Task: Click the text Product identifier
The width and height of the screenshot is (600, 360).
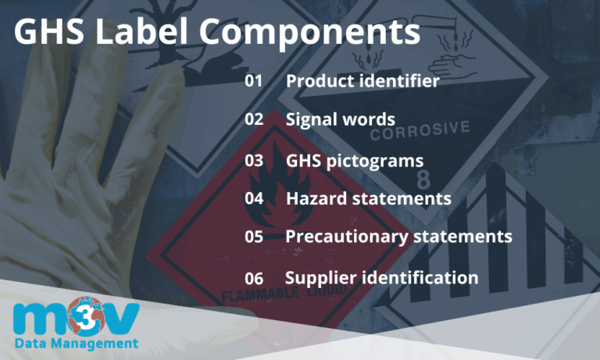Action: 362,80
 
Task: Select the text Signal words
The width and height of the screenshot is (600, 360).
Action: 340,119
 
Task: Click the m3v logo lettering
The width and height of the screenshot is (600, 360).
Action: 76,319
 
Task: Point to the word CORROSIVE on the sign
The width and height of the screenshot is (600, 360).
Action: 420,130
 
